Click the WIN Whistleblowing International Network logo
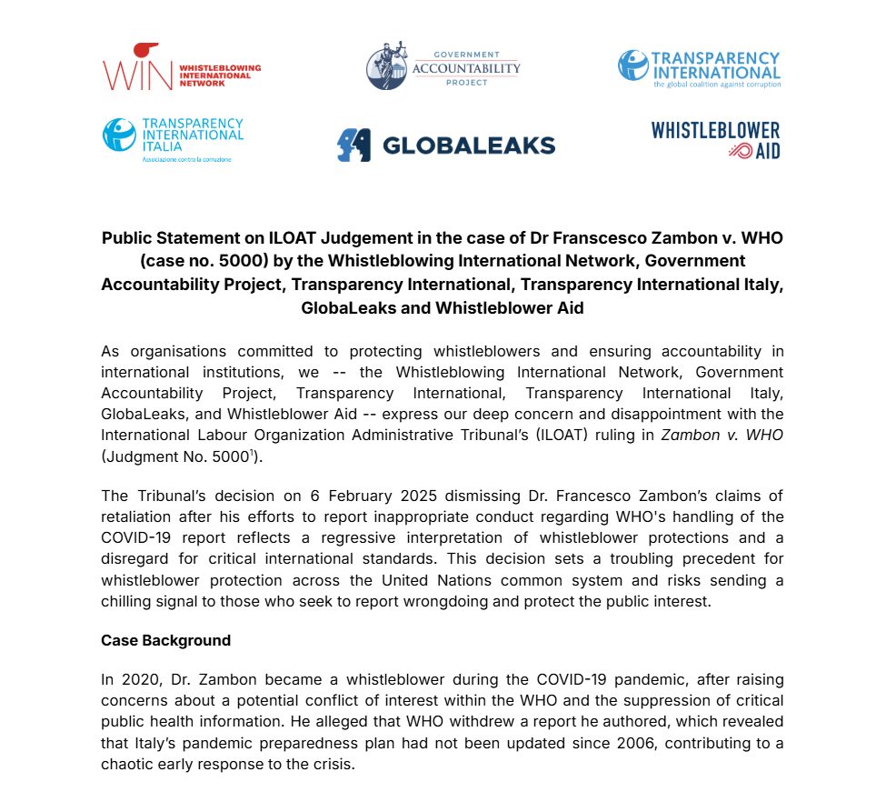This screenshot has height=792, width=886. [x=181, y=67]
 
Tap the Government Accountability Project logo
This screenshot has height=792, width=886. [x=443, y=65]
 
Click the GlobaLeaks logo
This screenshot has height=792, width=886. [x=445, y=145]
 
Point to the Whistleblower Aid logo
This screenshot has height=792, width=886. [x=715, y=140]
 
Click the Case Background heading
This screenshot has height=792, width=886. [x=165, y=640]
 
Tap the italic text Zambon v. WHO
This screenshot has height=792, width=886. [x=722, y=435]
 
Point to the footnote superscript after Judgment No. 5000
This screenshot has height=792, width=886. [x=252, y=452]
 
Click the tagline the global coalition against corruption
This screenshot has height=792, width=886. [x=716, y=85]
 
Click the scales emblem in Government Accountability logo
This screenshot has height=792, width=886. [x=386, y=65]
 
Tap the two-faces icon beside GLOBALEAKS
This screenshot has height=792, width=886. [x=353, y=145]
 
